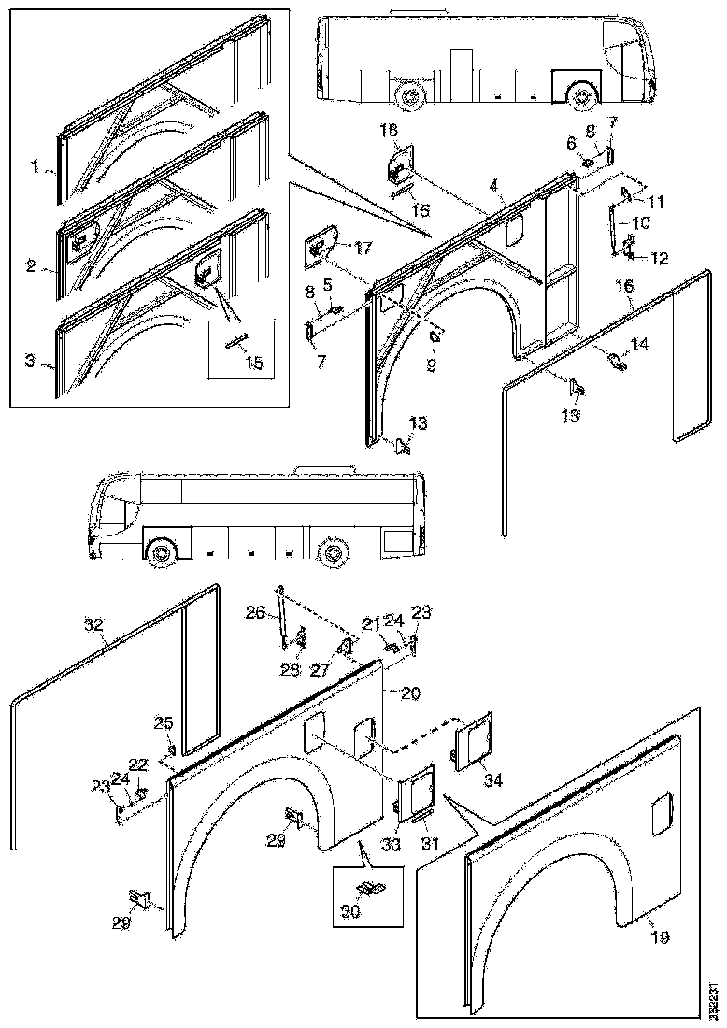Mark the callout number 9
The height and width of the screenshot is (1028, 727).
[432, 365]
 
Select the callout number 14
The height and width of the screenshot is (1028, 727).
[639, 345]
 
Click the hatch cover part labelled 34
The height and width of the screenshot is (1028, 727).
[473, 738]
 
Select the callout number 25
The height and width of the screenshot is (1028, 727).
[164, 722]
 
